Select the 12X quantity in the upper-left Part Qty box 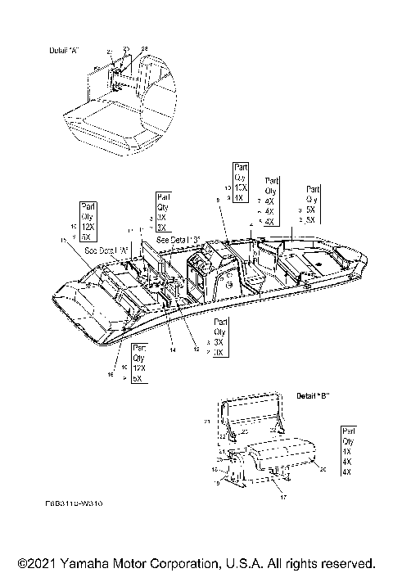89,225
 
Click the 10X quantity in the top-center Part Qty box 239,187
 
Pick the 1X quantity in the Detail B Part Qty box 346,451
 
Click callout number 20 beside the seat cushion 323,469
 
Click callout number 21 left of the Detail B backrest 206,421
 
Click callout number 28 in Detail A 145,50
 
